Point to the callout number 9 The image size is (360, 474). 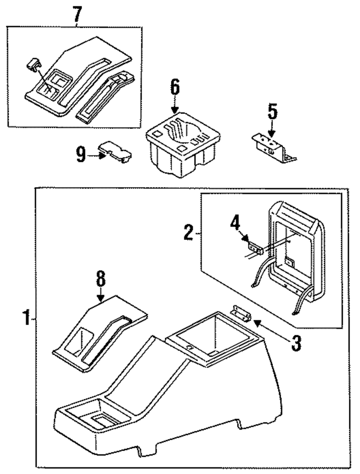click(x=81, y=155)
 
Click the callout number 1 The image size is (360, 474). click(x=26, y=319)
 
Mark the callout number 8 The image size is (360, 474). click(x=101, y=279)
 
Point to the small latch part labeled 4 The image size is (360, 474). click(x=255, y=248)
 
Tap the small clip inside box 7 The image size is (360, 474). click(x=33, y=64)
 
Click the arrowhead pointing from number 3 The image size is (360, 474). click(x=257, y=322)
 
